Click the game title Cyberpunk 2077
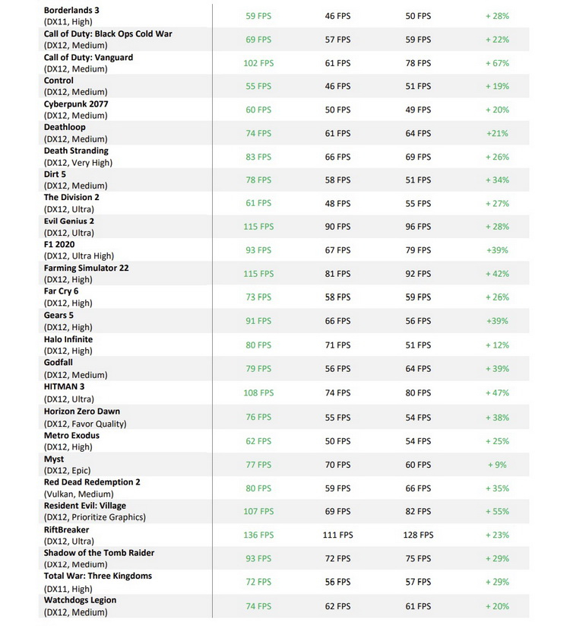coord(77,103)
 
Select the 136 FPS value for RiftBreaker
coord(258,535)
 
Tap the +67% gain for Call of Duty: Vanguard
coord(497,63)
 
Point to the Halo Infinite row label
coord(68,339)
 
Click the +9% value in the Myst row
coord(497,465)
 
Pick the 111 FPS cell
coord(337,535)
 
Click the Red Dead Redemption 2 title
coord(92,482)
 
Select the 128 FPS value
coord(418,535)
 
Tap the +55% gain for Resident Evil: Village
coord(497,512)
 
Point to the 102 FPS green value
coord(258,63)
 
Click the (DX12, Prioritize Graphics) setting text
coord(95,517)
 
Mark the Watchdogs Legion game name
coord(80,600)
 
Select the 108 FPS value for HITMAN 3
coord(258,393)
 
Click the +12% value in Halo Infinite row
coord(497,345)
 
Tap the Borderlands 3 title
coord(71,10)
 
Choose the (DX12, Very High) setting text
coord(78,162)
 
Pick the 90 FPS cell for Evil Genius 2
coord(337,227)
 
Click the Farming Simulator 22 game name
coord(86,268)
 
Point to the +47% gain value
coord(497,393)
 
